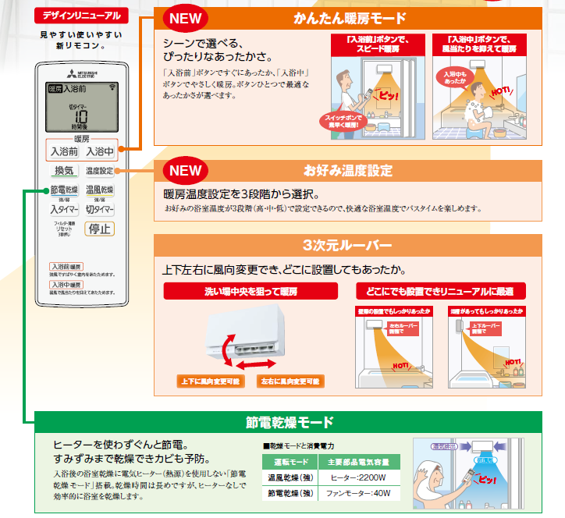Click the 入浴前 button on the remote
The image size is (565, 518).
(64, 151)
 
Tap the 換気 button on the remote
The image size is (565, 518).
(64, 171)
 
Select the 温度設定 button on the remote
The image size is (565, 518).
(99, 171)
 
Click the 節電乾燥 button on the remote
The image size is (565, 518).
(64, 190)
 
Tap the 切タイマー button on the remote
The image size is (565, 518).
(99, 209)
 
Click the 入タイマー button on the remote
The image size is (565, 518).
(64, 209)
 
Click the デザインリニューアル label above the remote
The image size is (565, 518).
(79, 16)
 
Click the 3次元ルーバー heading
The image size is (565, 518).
(346, 245)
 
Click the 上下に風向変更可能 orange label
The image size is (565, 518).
(208, 381)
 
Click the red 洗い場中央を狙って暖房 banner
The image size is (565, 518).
(251, 291)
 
